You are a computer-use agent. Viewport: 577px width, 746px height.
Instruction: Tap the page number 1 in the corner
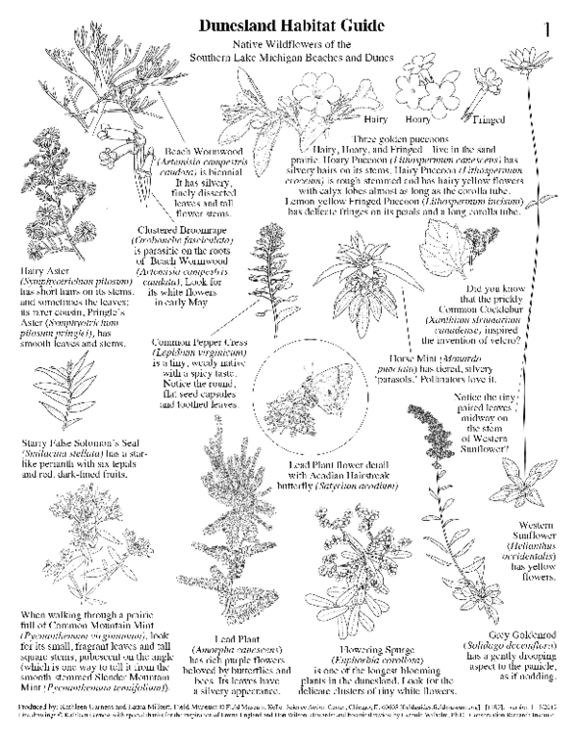pos(547,29)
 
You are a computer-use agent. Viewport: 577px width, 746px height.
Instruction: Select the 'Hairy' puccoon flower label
pos(369,120)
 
